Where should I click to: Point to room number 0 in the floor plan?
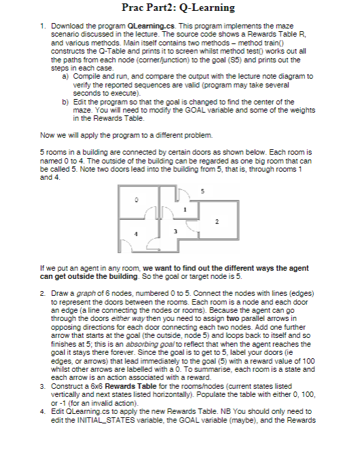(136, 199)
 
